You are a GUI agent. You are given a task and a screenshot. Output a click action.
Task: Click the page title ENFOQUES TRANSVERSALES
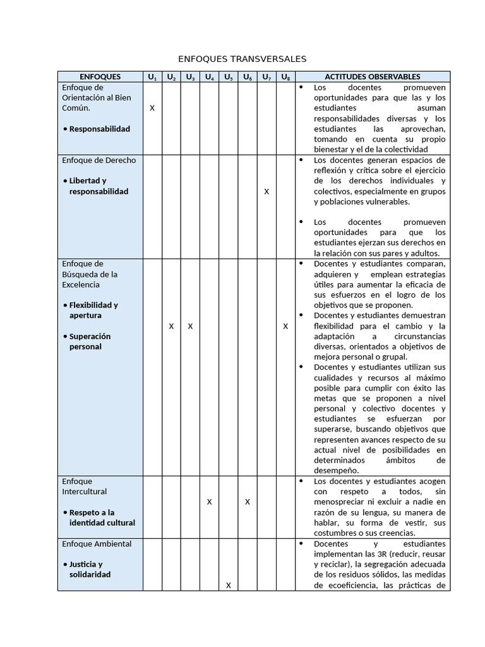coord(242,59)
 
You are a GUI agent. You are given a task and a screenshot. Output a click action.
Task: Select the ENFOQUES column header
coord(100,76)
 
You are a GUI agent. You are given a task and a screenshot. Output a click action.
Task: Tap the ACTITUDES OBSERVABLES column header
coord(372,76)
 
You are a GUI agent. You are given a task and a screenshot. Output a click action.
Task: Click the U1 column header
coord(152,77)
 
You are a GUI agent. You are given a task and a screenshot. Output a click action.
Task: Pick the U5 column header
coord(229,77)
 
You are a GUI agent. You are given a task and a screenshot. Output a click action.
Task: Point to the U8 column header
coord(285,77)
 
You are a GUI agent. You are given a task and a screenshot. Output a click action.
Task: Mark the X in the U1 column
coord(152,108)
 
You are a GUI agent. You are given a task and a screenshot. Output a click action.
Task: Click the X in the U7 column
coord(266,191)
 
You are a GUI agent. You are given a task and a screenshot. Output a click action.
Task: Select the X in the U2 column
coord(171,326)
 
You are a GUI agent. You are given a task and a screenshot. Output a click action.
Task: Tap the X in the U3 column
coord(190,326)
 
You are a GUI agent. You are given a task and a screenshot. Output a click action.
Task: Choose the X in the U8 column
coord(285,326)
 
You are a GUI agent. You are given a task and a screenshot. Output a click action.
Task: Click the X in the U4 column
coord(209,502)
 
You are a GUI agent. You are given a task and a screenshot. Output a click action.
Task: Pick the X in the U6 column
coord(248,502)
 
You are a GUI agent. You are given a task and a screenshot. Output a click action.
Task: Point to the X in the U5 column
coord(229,585)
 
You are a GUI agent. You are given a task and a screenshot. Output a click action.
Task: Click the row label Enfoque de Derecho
coord(99,160)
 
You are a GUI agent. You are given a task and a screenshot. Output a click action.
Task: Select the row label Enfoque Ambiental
coord(97,543)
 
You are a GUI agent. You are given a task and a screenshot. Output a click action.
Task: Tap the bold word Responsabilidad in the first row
coord(99,129)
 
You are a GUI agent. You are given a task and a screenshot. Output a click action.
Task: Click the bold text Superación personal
coord(90,341)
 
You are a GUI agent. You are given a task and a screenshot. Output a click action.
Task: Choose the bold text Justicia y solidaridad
coord(90,569)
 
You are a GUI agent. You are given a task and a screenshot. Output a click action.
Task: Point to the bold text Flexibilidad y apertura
coord(93,310)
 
